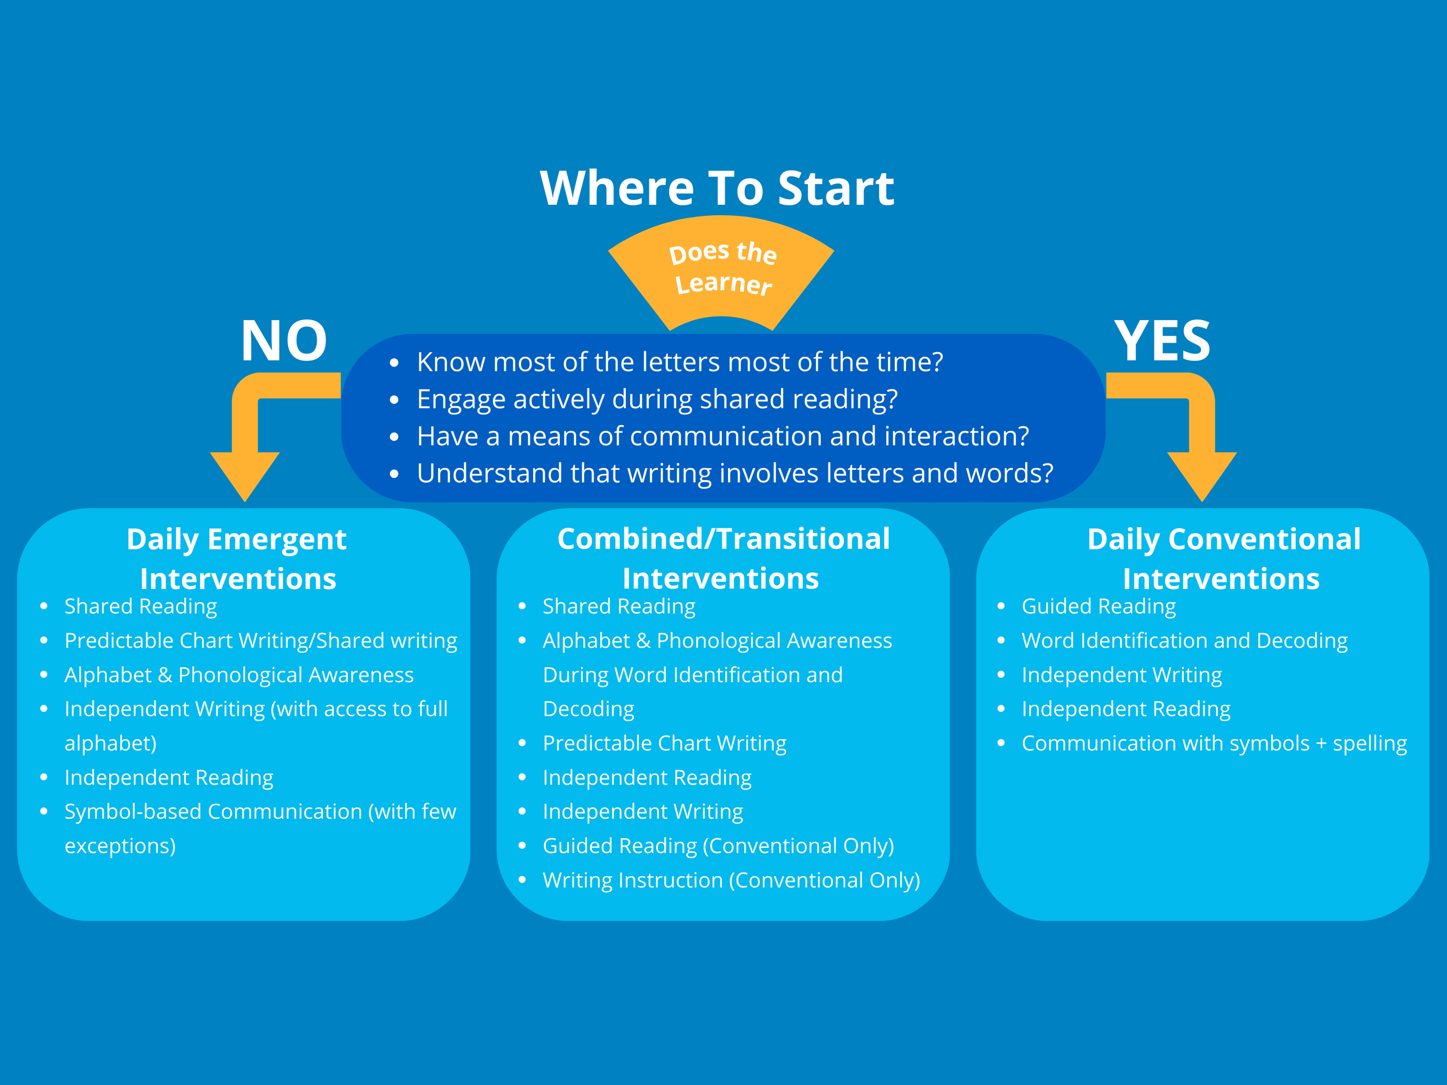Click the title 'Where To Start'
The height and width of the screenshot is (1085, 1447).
[x=717, y=188]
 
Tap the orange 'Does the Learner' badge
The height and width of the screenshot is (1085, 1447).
[x=722, y=271]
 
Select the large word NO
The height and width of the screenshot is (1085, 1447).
[x=284, y=341]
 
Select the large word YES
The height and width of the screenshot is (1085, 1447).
[x=1162, y=341]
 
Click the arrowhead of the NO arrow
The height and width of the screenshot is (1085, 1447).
[x=245, y=474]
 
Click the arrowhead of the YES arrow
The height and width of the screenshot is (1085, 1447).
[x=1202, y=474]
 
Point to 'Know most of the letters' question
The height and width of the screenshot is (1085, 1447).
[x=680, y=362]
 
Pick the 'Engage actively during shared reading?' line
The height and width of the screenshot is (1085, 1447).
[x=657, y=399]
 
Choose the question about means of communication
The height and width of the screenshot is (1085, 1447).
[x=723, y=436]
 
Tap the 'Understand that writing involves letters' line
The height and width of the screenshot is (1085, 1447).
[x=734, y=473]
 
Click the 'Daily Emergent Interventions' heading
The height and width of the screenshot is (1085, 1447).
[x=237, y=558]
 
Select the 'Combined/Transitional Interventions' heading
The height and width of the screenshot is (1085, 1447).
[x=723, y=558]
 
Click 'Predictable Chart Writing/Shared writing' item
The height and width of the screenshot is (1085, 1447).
[x=260, y=640]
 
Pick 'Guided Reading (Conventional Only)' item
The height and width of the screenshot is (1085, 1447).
[x=718, y=845]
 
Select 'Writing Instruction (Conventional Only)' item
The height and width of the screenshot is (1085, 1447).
[x=730, y=880]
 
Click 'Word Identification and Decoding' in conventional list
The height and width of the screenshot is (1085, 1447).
[x=1184, y=640]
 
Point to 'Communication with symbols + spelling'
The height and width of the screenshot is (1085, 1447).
[x=1214, y=743]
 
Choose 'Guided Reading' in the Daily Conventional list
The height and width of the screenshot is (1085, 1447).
[x=1099, y=606]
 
